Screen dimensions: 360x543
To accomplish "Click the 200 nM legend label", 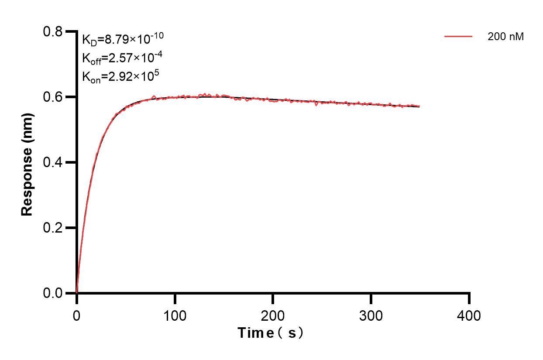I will coord(505,37).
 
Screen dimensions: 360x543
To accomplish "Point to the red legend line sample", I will coord(458,37).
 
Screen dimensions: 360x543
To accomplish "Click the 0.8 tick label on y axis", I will coord(53,32).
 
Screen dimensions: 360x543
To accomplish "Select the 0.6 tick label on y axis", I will coord(53,97).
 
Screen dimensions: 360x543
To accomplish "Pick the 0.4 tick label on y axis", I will coord(53,162).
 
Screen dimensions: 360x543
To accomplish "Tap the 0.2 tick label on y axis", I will coord(53,228).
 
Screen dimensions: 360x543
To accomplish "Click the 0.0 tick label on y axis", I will coord(53,293).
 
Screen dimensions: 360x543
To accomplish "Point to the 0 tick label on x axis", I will coord(77,315).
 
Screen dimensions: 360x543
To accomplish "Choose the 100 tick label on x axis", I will coord(175,315).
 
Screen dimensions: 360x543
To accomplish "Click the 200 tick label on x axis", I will coord(273,315).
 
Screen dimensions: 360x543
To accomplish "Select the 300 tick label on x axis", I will coord(371,315).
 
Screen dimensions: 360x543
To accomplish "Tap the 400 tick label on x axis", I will coord(469,315).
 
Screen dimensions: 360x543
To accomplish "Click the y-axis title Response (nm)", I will coord(27,162).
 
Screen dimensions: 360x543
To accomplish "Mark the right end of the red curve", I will coord(419,106).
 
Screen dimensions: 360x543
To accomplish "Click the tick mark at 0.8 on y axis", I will coord(70,31).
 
